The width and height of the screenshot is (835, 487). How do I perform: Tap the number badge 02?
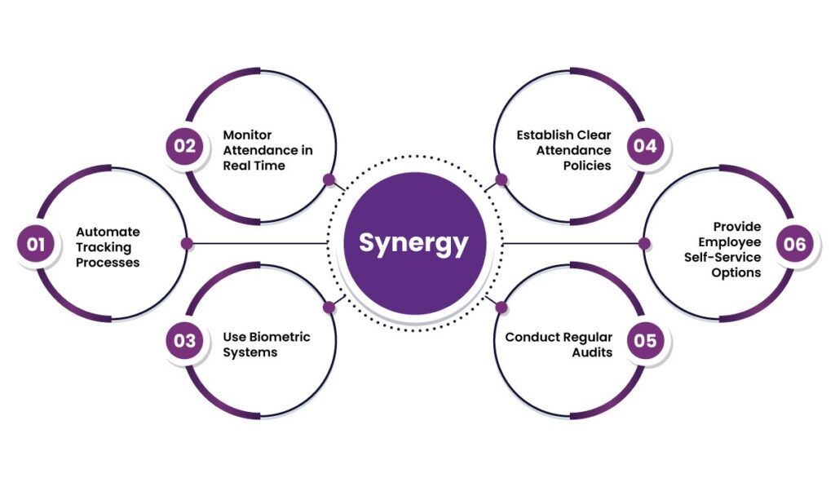[184, 146]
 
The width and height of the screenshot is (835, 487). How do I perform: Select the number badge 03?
[184, 340]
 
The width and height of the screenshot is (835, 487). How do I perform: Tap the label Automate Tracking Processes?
[108, 247]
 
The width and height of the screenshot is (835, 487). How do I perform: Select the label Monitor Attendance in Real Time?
[267, 150]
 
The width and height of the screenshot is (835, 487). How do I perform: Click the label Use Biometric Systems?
[267, 344]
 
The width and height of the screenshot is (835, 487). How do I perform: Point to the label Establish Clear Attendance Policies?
[563, 150]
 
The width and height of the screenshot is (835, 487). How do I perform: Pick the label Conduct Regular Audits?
[559, 344]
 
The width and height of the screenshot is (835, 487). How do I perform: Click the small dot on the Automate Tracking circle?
[187, 243]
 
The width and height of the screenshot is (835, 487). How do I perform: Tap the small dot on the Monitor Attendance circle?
[329, 179]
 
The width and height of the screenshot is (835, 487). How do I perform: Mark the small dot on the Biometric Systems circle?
[329, 308]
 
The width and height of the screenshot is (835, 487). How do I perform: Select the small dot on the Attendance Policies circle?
[501, 179]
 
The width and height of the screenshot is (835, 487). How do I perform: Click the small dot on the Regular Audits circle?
[501, 308]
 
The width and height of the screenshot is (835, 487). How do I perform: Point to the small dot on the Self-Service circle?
[643, 243]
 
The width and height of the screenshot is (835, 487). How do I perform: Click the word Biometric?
[281, 337]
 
